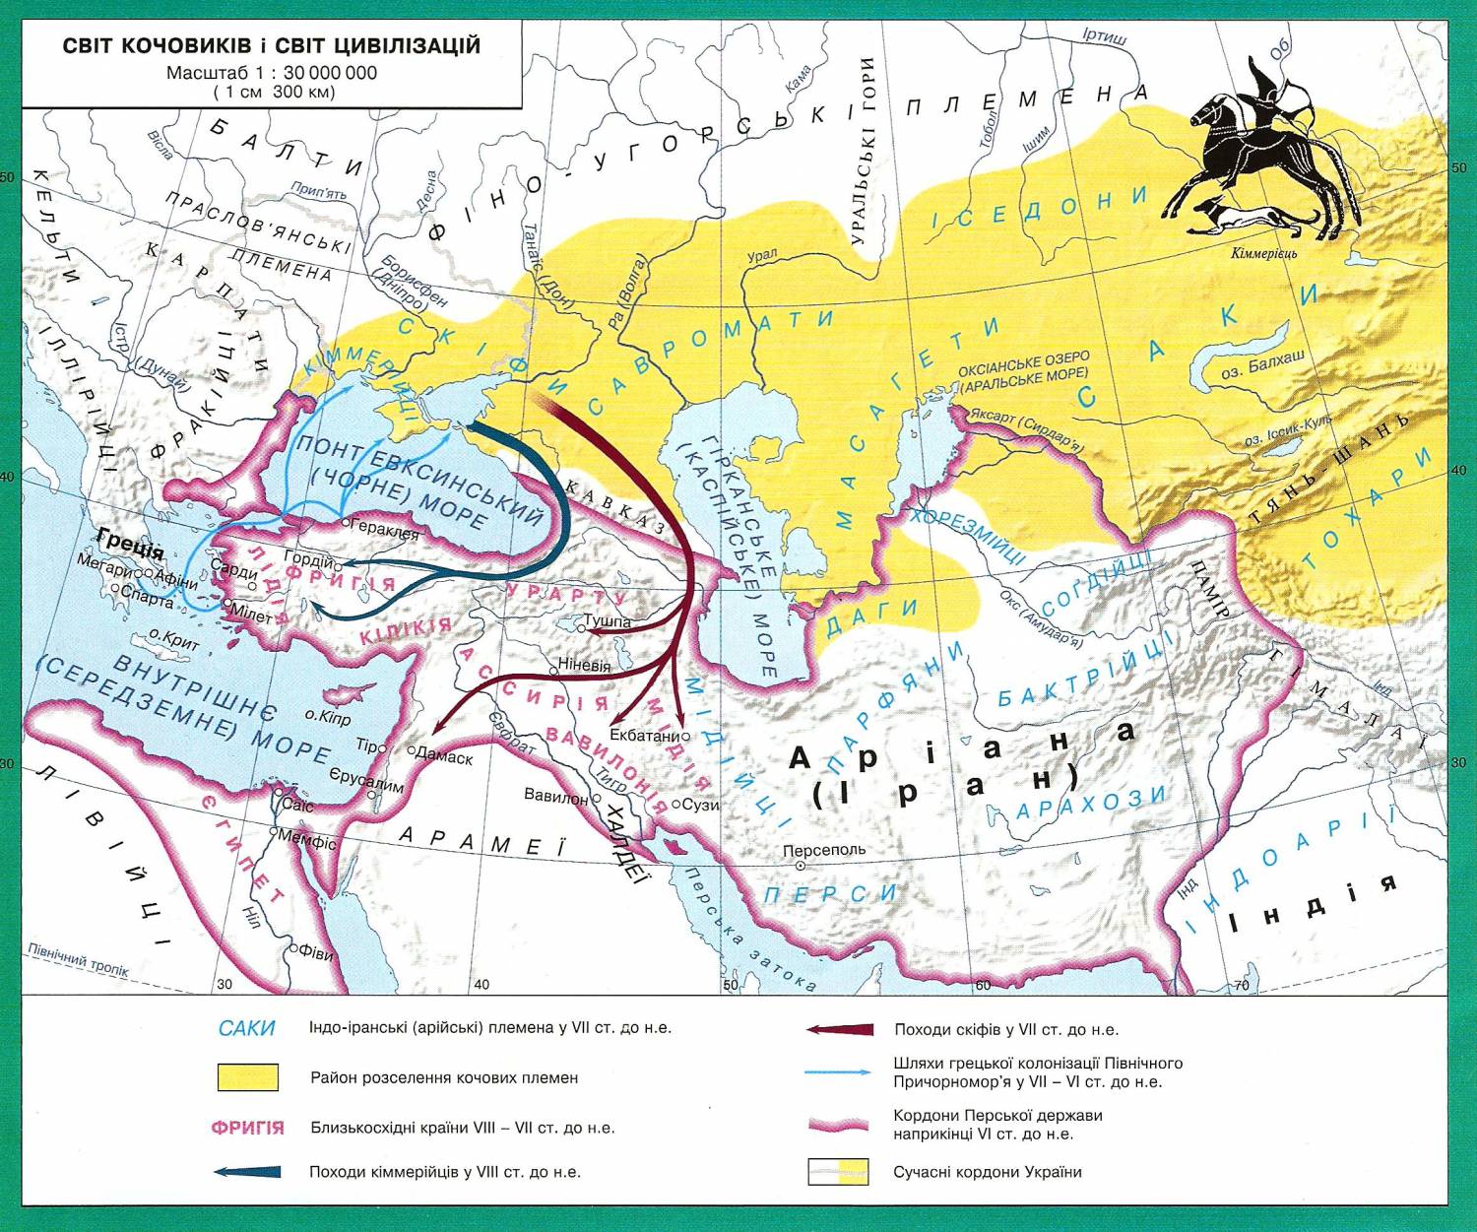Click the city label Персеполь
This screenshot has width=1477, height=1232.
824,849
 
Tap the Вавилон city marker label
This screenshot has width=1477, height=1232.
555,796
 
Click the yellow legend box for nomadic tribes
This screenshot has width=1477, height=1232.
247,1077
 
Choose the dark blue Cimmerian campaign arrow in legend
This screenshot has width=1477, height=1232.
247,1172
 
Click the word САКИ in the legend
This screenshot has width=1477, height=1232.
246,1028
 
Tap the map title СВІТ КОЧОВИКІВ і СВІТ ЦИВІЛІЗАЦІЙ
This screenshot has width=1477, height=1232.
271,46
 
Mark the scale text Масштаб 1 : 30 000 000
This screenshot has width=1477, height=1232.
271,73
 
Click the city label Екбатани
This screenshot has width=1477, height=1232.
645,736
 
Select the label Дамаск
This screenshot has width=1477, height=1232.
444,757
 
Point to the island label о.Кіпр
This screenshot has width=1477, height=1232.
327,719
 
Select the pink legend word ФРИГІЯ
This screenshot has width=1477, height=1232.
247,1128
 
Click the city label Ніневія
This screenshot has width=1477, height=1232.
584,665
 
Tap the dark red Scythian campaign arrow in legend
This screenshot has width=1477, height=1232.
839,1029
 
